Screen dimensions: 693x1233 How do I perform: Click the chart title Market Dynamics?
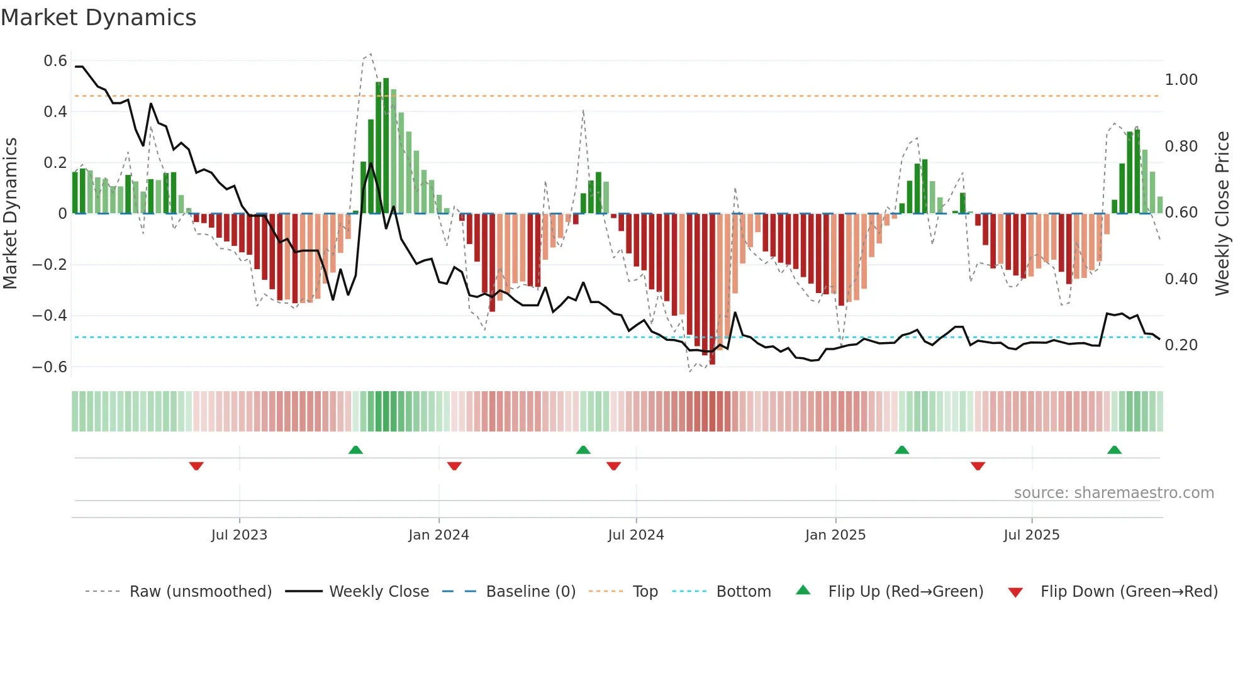[x=98, y=18]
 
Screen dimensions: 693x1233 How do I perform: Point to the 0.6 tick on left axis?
[x=55, y=61]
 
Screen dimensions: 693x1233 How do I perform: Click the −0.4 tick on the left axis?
[x=50, y=315]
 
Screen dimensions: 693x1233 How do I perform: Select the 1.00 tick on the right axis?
[x=1181, y=80]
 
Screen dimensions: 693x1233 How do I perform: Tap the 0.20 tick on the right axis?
[x=1181, y=345]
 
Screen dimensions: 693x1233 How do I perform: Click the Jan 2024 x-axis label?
[x=438, y=535]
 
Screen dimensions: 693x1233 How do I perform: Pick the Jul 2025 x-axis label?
[x=1031, y=535]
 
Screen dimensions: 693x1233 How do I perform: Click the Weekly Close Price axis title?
[x=1222, y=214]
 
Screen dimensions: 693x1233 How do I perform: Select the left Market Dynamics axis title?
[x=11, y=214]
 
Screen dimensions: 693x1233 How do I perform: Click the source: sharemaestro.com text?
[x=1113, y=493]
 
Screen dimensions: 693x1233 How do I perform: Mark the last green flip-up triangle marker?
[x=1114, y=450]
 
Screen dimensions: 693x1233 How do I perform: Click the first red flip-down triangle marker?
[x=196, y=466]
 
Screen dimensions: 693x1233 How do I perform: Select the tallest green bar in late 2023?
[x=386, y=145]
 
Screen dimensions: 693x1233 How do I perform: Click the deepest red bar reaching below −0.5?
[x=712, y=289]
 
